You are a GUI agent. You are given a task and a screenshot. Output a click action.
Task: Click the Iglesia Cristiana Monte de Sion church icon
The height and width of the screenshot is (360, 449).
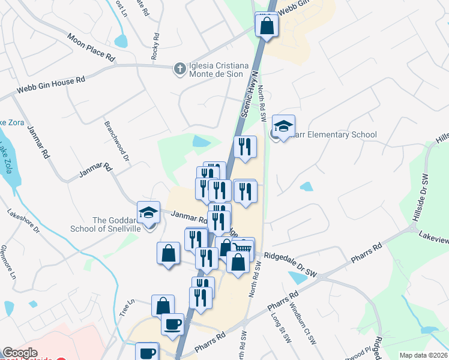(179, 69)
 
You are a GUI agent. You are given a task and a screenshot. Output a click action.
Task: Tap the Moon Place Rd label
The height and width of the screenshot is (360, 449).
(91, 49)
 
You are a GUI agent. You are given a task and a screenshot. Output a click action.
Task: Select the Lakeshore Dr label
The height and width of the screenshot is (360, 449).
(23, 221)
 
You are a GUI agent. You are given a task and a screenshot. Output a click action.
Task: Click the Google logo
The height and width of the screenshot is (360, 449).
(20, 353)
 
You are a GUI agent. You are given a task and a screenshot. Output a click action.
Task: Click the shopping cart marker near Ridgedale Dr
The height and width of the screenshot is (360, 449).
(243, 248)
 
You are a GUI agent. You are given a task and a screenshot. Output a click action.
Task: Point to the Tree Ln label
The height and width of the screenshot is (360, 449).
(125, 308)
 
